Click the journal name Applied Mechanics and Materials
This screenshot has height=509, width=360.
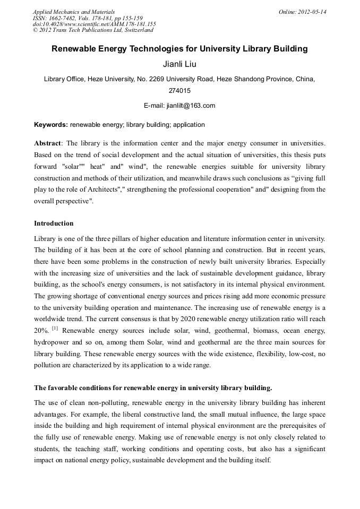coord(74,12)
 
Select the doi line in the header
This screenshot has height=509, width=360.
coord(95,24)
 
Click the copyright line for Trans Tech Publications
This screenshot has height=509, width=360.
coord(93,30)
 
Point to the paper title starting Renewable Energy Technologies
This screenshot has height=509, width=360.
coord(179,49)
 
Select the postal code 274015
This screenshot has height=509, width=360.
coord(179,91)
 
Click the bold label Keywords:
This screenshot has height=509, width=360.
coord(51,125)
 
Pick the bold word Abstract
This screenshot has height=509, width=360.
coord(47,144)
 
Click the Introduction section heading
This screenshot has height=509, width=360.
coord(54,223)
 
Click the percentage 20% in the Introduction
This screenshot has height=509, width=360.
coord(41,330)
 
